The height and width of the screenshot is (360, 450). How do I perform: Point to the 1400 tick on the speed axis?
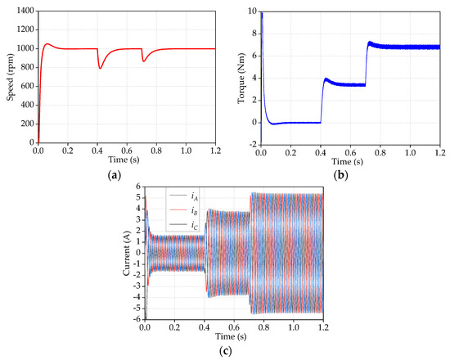(x=25, y=9)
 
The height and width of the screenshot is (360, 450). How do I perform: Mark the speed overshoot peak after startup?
(x=48, y=44)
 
